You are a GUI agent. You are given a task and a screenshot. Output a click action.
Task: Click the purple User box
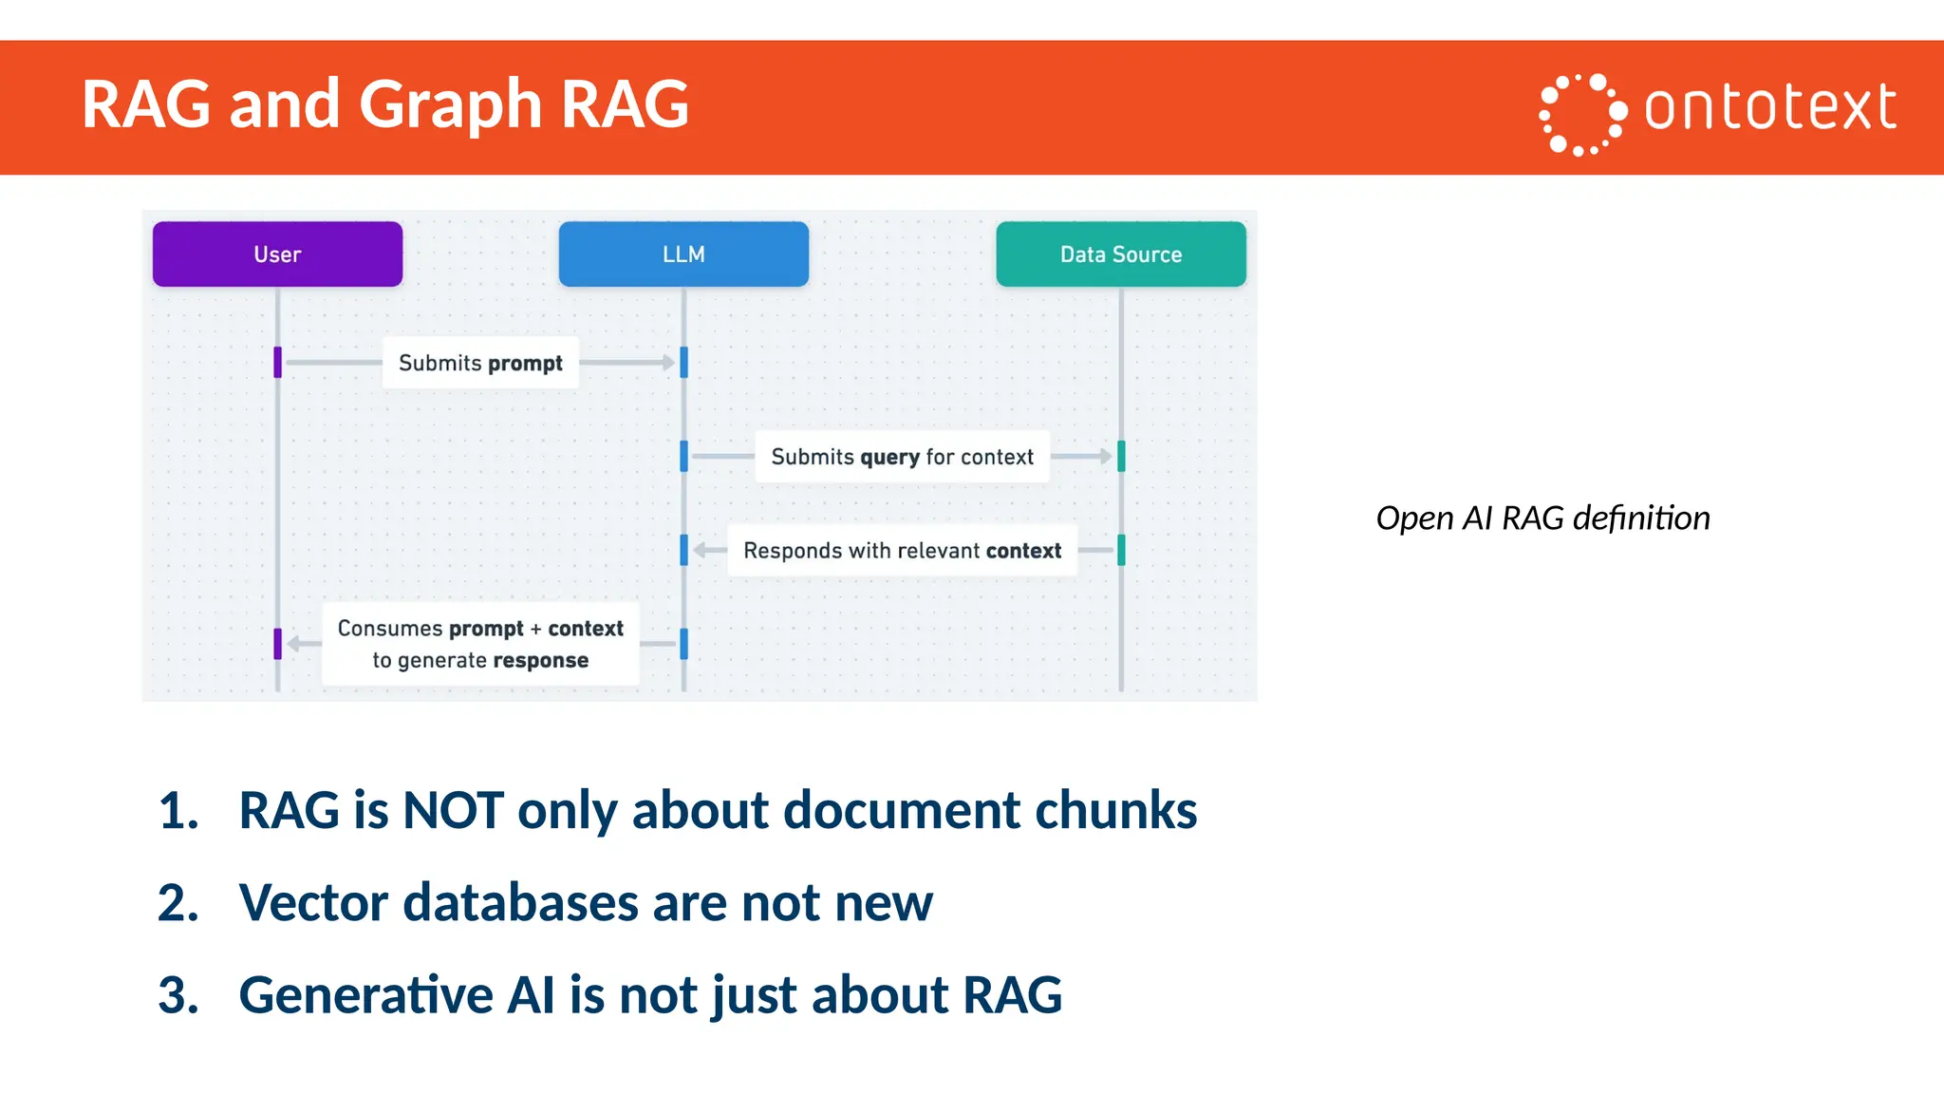(x=277, y=255)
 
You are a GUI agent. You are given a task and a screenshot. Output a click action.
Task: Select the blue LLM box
(x=683, y=255)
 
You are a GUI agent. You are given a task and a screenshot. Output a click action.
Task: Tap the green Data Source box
(x=1120, y=255)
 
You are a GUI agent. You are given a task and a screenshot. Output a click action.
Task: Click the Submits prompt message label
(x=480, y=363)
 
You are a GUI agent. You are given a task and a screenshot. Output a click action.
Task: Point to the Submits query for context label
(x=902, y=457)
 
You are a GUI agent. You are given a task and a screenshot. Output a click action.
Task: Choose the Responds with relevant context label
(x=902, y=551)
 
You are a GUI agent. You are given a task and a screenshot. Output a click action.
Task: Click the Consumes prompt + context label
(x=480, y=644)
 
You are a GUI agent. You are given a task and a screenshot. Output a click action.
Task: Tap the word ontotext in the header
(x=1770, y=106)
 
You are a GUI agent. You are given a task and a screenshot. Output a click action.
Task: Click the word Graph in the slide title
(x=451, y=104)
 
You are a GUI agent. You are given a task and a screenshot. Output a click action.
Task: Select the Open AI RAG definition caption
(x=1542, y=519)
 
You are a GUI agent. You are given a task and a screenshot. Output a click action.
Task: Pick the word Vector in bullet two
(x=313, y=903)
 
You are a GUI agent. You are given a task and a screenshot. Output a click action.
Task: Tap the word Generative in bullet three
(x=365, y=995)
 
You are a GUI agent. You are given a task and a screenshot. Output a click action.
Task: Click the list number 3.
(x=177, y=995)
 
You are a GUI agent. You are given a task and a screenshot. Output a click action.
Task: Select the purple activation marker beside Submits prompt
(x=277, y=362)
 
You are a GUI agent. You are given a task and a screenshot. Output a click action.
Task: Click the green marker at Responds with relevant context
(x=1121, y=550)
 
